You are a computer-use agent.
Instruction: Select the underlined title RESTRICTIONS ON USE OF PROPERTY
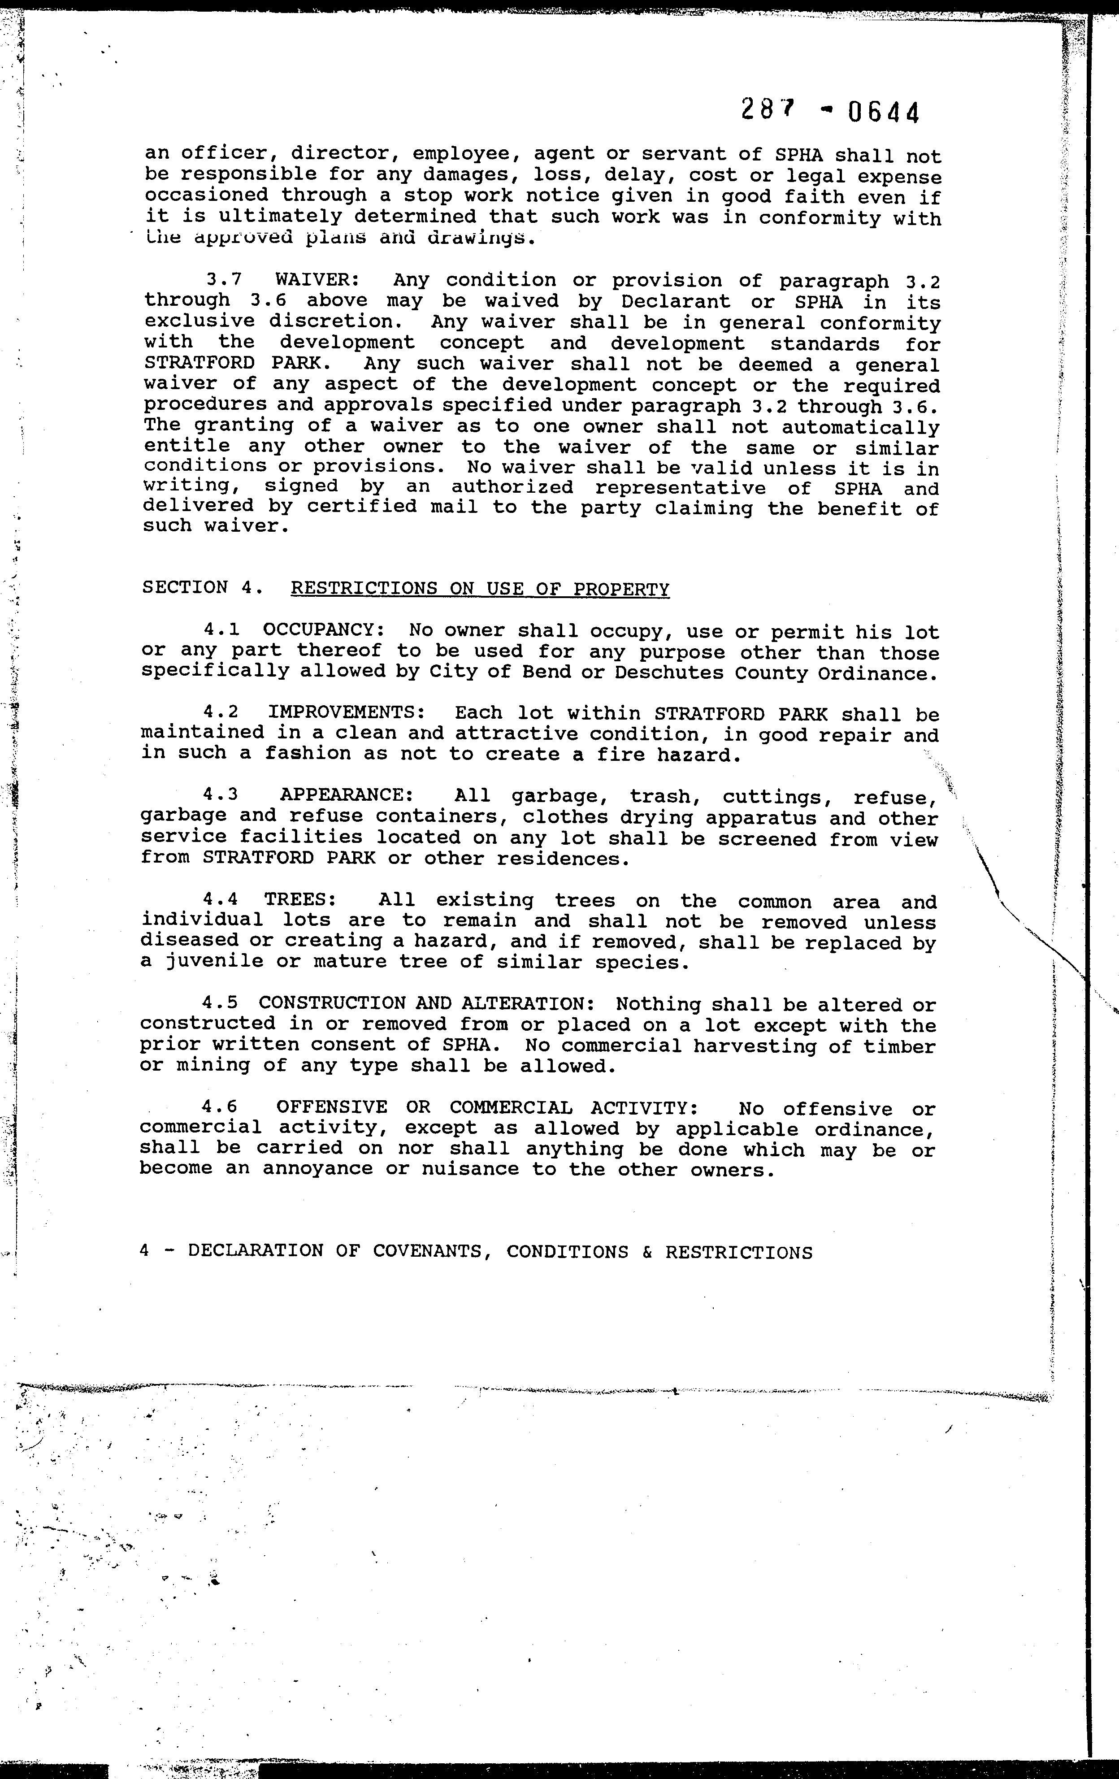tap(480, 589)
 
